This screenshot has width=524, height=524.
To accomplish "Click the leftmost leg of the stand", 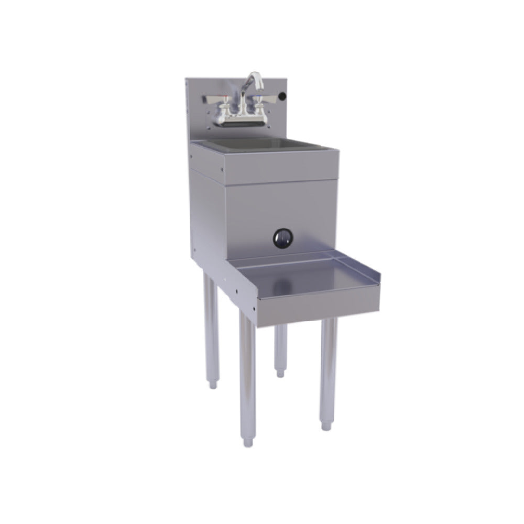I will (x=210, y=330).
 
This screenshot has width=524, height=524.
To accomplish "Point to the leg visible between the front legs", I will (x=280, y=346).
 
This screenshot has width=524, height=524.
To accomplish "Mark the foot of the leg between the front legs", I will (x=280, y=373).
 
